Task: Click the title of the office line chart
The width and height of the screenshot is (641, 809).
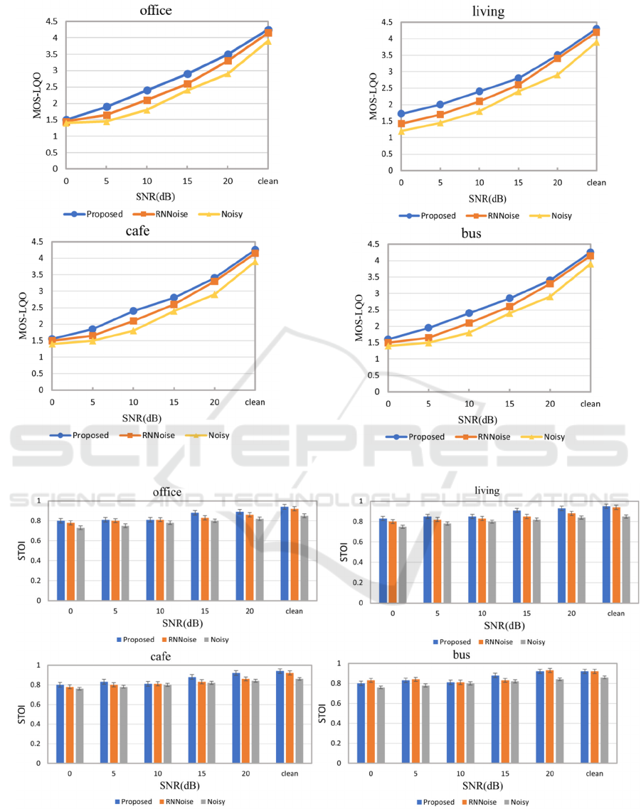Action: [x=157, y=10]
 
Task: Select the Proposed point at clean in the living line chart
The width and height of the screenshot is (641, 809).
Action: [x=596, y=29]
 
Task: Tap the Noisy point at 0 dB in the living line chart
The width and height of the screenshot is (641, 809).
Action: [x=402, y=131]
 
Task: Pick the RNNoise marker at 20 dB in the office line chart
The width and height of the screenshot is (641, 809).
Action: [x=228, y=60]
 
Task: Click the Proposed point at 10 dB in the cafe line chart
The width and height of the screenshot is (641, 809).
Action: [x=133, y=311]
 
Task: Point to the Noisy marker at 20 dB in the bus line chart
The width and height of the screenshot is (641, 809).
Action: [x=549, y=296]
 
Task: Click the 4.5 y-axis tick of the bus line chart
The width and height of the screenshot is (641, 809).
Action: [x=372, y=245]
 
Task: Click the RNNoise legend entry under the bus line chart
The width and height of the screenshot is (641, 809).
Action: [x=490, y=436]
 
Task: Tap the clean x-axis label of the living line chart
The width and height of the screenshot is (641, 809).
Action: [x=596, y=183]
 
